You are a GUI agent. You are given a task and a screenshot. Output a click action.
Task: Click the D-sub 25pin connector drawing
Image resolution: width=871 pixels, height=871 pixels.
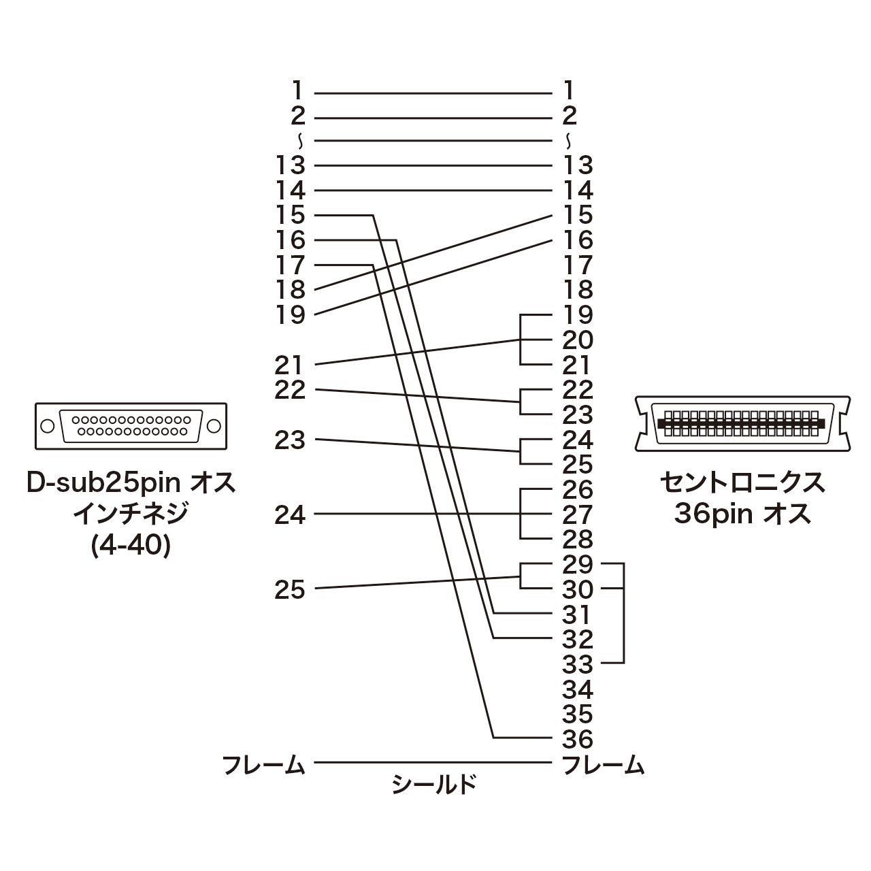[131, 426]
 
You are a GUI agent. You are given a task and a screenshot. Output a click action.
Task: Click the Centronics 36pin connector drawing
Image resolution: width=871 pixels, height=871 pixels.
[742, 424]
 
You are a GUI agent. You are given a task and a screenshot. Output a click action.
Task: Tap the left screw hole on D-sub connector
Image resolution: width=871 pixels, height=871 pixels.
[47, 426]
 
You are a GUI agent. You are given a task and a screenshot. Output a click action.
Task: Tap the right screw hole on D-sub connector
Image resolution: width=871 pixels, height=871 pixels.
[214, 426]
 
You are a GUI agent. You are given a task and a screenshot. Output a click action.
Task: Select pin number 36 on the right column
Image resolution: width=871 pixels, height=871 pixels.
[578, 738]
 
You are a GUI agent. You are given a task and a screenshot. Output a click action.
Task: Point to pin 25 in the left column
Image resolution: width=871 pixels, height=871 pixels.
[290, 589]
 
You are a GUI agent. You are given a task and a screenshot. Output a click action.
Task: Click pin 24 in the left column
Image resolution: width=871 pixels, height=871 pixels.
[290, 515]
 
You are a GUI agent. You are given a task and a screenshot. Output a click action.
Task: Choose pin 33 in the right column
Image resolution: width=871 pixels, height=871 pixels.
[578, 664]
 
